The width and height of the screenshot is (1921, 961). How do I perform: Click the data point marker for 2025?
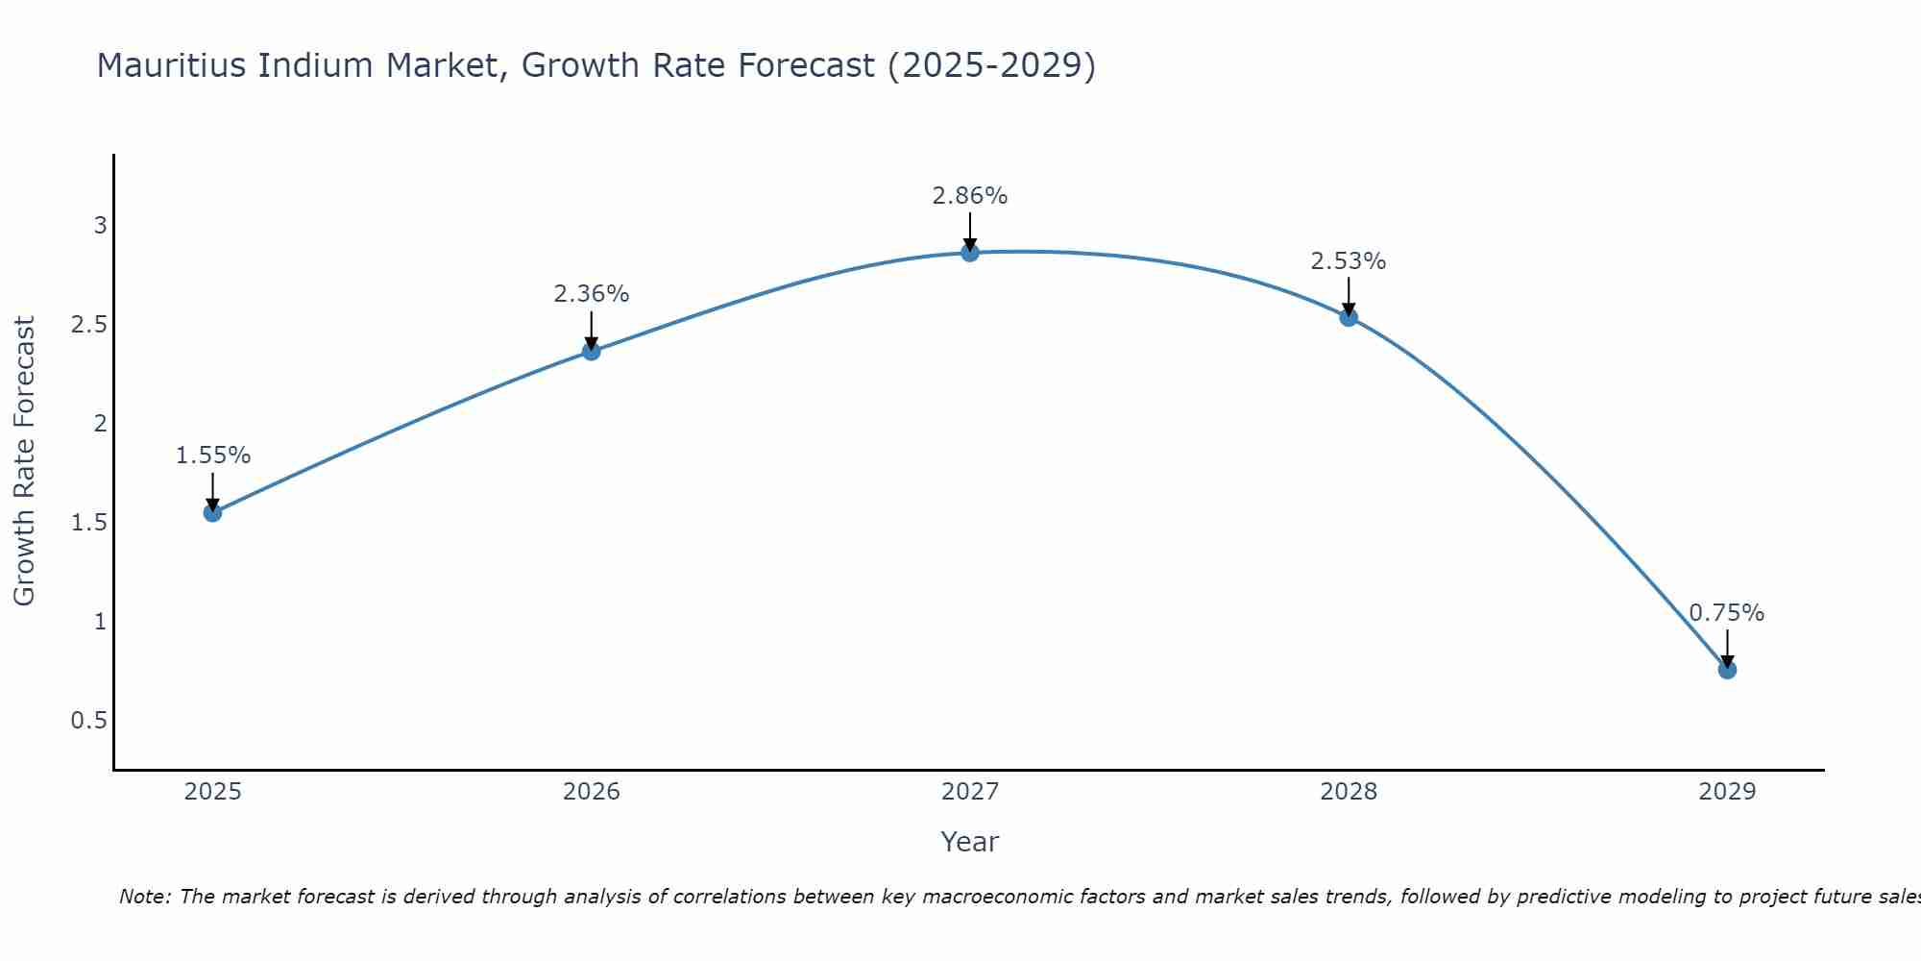point(212,512)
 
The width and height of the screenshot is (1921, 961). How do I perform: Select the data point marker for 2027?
point(970,253)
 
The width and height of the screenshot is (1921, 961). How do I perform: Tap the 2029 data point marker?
point(1727,670)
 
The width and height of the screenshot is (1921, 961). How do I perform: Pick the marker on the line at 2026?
point(592,352)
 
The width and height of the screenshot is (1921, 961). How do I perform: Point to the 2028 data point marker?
point(1349,317)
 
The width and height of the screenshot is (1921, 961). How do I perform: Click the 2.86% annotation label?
point(970,196)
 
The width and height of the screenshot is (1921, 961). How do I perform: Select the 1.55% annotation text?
point(212,456)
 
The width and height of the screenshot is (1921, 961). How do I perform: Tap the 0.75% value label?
point(1727,613)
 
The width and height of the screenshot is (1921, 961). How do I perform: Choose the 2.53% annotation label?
point(1349,261)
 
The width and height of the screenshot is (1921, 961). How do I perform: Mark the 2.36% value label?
point(592,294)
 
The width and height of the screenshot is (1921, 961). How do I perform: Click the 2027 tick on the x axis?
point(970,792)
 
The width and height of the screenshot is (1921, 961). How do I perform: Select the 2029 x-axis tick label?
point(1727,792)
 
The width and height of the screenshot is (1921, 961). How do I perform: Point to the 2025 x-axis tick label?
point(212,792)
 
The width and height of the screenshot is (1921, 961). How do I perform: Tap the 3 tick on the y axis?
point(100,226)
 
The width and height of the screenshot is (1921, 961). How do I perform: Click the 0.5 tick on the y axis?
point(88,721)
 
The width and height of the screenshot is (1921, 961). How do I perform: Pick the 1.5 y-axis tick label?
point(88,523)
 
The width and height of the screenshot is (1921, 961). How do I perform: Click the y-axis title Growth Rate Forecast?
point(24,461)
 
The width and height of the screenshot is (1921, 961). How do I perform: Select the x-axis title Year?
point(970,842)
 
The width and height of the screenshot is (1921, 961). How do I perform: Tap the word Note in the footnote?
point(144,897)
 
